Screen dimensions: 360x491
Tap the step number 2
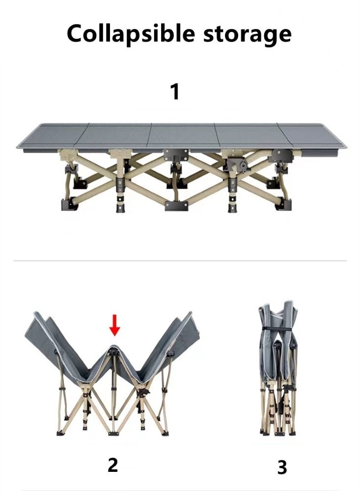tap(113, 465)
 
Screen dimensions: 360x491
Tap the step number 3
tap(282, 467)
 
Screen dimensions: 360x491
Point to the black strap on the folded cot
tap(278, 328)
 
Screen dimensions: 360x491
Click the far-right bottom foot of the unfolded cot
tap(284, 204)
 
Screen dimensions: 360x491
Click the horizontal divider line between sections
tap(180, 260)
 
